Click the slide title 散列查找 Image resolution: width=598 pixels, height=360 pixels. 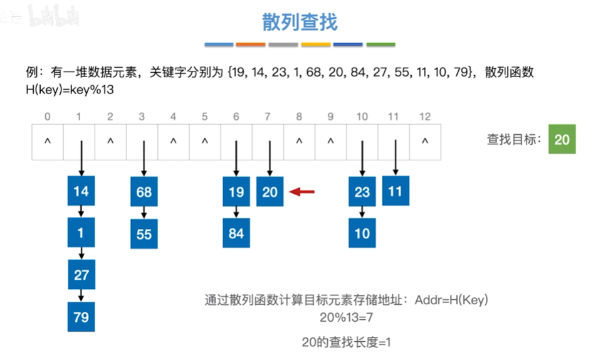click(x=300, y=23)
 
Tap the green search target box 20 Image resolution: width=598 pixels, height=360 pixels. click(x=562, y=139)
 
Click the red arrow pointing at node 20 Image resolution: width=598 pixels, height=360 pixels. click(x=305, y=192)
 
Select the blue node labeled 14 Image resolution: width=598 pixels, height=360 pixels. click(x=81, y=192)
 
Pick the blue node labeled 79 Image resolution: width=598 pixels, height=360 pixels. click(x=81, y=317)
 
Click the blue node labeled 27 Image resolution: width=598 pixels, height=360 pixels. click(x=81, y=275)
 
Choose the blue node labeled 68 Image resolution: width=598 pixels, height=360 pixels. click(x=144, y=192)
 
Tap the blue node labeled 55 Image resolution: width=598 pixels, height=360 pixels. click(x=144, y=234)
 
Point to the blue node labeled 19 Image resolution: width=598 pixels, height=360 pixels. click(x=236, y=192)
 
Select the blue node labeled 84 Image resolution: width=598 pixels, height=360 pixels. click(x=236, y=234)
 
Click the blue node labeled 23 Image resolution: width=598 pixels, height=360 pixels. click(x=362, y=192)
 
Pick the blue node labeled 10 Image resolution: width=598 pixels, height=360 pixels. click(x=362, y=234)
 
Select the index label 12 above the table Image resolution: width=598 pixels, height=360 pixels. click(x=424, y=116)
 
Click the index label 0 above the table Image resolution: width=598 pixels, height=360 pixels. click(x=47, y=116)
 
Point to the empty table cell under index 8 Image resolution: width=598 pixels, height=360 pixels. click(x=299, y=141)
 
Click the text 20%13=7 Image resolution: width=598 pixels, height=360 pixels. click(x=346, y=317)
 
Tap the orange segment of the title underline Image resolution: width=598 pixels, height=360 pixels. click(x=251, y=45)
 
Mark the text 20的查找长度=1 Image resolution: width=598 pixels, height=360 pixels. click(x=346, y=342)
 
